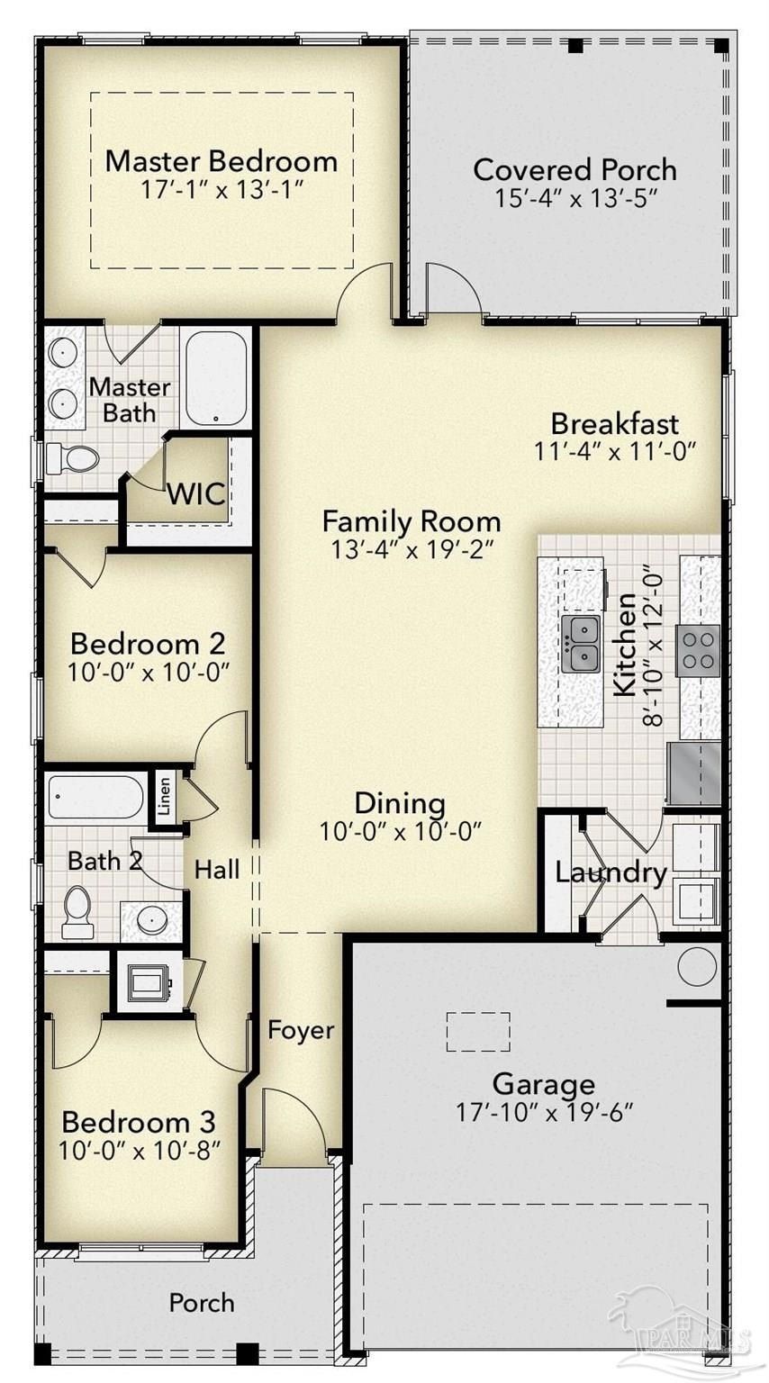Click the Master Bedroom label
coord(221,162)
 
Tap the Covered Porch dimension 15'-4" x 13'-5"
coord(574,198)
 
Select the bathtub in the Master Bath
coord(216,378)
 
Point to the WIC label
coord(195,494)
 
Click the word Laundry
coord(611,872)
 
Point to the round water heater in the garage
coord(695,967)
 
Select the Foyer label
coord(301,1030)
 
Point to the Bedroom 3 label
coord(139,1123)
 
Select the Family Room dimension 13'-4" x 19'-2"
coord(412,548)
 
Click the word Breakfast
coord(614,423)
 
